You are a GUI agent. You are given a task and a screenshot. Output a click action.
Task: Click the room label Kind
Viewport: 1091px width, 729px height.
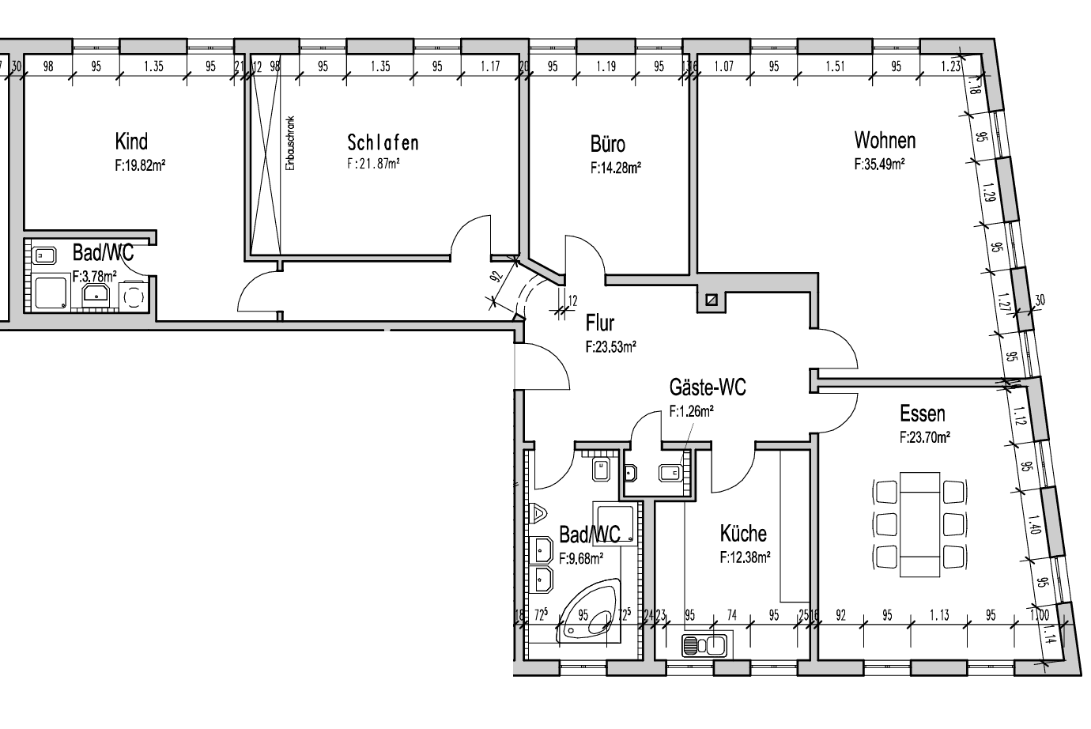coord(131,142)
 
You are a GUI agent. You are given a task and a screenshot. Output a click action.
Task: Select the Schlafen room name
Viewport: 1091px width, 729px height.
coord(383,142)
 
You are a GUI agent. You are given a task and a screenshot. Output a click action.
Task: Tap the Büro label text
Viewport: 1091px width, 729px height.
coord(607,144)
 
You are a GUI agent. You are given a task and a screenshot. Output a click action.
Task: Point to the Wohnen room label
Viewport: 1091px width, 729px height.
coord(885,141)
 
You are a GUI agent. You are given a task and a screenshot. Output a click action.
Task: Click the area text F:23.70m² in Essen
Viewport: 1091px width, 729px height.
coord(924,436)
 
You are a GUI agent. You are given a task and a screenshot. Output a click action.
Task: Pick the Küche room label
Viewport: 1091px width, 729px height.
coord(742,533)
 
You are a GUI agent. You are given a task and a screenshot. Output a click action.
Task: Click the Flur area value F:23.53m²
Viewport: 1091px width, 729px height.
coord(611,346)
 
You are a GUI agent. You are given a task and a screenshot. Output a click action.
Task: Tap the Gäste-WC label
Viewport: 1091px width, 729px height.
coord(707,387)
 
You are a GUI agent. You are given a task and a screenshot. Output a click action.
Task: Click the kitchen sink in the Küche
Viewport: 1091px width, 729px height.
coord(704,646)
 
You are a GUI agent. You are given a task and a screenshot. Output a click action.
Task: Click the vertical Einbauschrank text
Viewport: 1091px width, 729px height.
coord(290,145)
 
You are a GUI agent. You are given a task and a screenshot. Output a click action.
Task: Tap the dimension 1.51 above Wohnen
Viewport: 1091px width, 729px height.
coord(836,67)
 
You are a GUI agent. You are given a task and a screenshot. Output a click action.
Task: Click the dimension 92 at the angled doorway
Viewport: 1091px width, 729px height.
coord(496,278)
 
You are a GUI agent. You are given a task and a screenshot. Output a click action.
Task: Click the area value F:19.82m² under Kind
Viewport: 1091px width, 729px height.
coord(139,166)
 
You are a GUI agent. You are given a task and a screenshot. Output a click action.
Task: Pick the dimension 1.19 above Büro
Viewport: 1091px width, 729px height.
coord(606,67)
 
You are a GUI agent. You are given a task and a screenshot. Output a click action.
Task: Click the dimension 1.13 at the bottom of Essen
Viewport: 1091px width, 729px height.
coord(938,615)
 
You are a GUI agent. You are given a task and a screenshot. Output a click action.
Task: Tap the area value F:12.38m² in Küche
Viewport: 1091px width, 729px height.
coord(745,557)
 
